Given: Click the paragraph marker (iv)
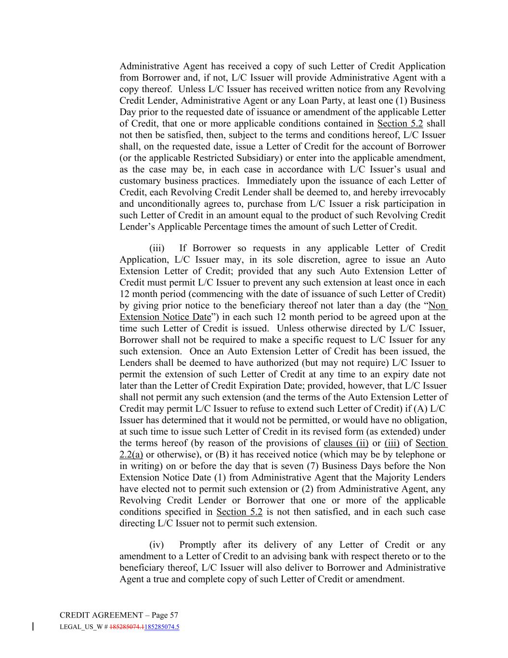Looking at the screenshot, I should (156, 545).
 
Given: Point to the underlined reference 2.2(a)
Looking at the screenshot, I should (131, 455).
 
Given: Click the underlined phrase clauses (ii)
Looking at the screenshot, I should (346, 443).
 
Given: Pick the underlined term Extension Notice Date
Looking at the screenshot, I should (165, 317).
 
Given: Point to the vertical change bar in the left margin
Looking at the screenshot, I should (32, 627).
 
